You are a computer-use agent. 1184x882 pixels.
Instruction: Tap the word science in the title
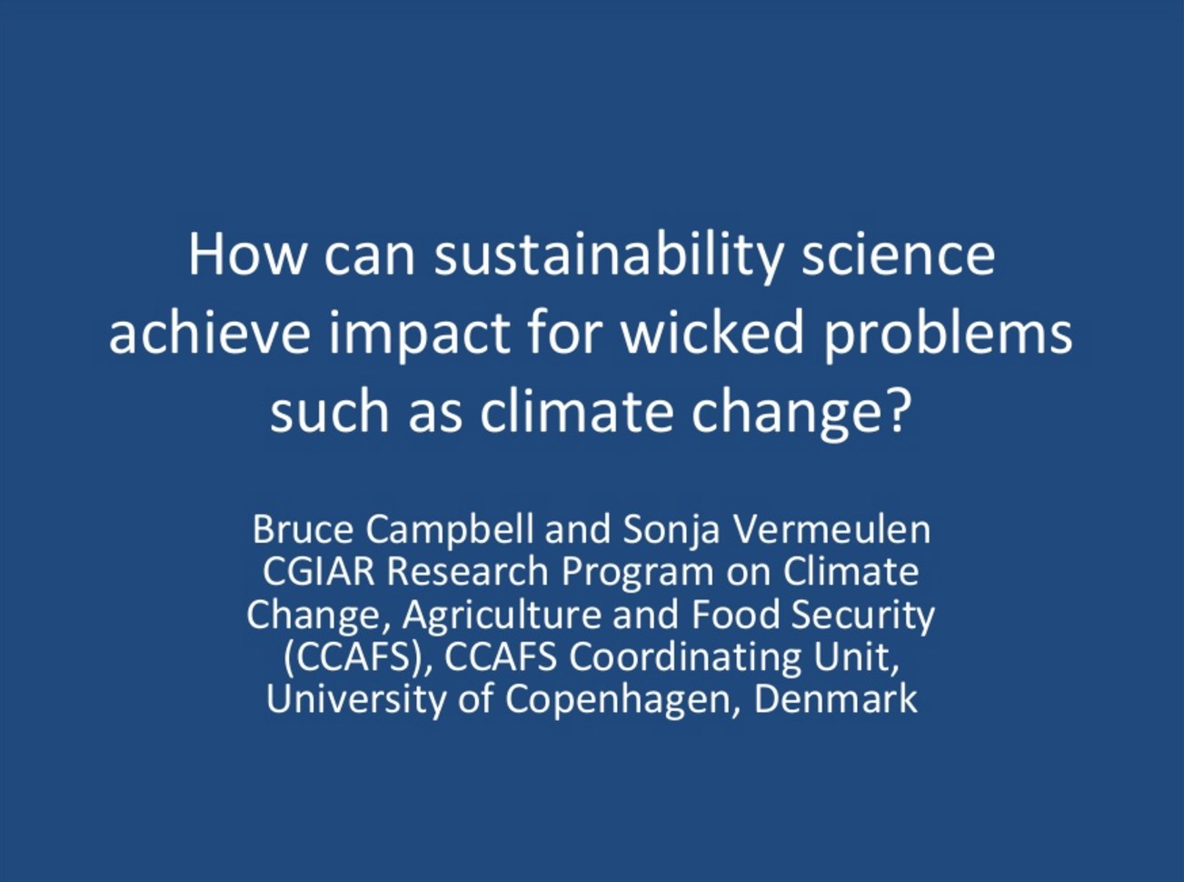pyautogui.click(x=898, y=256)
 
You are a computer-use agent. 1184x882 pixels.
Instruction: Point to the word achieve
pyautogui.click(x=210, y=334)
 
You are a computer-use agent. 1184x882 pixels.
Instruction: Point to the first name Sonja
pyautogui.click(x=672, y=533)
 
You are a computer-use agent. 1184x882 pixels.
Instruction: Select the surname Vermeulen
pyautogui.click(x=831, y=529)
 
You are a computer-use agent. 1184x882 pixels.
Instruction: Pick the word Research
pyautogui.click(x=468, y=572)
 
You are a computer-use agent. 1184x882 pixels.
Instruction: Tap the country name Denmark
pyautogui.click(x=836, y=700)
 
